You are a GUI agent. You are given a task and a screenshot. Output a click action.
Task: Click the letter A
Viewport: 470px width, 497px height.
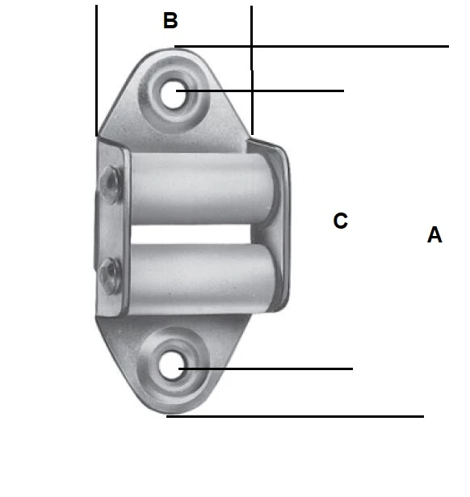pyautogui.click(x=434, y=235)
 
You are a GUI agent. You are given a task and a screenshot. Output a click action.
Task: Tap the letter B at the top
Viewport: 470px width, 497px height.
pyautogui.click(x=170, y=21)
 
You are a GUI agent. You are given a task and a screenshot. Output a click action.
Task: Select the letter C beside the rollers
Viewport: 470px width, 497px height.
pyautogui.click(x=341, y=221)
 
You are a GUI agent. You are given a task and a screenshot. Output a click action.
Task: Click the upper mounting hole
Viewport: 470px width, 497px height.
pyautogui.click(x=175, y=94)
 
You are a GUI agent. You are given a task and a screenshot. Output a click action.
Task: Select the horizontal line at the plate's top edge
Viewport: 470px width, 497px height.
pyautogui.click(x=323, y=47)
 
